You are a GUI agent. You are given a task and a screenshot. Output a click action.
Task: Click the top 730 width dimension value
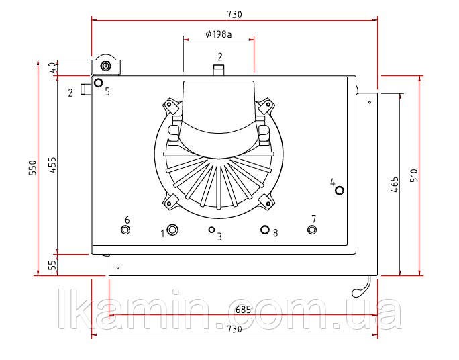(x=234, y=14)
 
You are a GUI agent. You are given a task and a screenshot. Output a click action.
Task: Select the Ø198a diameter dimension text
(x=218, y=34)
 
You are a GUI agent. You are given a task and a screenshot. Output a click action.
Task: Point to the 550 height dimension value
(x=33, y=168)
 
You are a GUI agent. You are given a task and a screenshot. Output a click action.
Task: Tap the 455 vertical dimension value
(x=52, y=165)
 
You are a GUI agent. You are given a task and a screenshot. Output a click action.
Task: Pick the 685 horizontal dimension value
(x=243, y=310)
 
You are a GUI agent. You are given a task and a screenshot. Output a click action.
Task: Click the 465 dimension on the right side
(x=395, y=184)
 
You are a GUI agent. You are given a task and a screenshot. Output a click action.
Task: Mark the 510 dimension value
(x=414, y=175)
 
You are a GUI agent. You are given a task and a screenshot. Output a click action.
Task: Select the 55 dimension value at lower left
(x=52, y=265)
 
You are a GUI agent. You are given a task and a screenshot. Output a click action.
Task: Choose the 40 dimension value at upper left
(x=52, y=68)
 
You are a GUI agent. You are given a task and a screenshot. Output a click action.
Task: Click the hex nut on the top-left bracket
(x=105, y=66)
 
